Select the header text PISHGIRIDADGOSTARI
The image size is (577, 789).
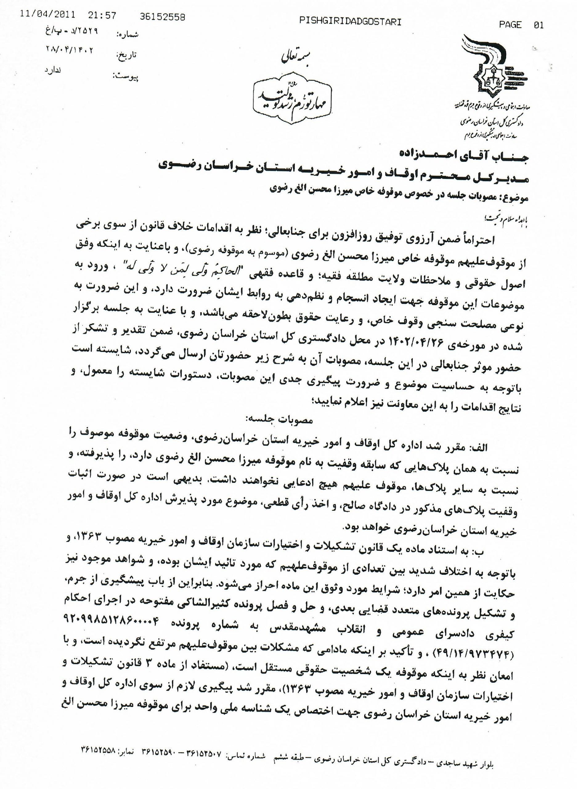click(x=350, y=22)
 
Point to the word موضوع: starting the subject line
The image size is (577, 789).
click(x=514, y=198)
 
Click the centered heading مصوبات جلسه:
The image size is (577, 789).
click(x=282, y=421)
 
